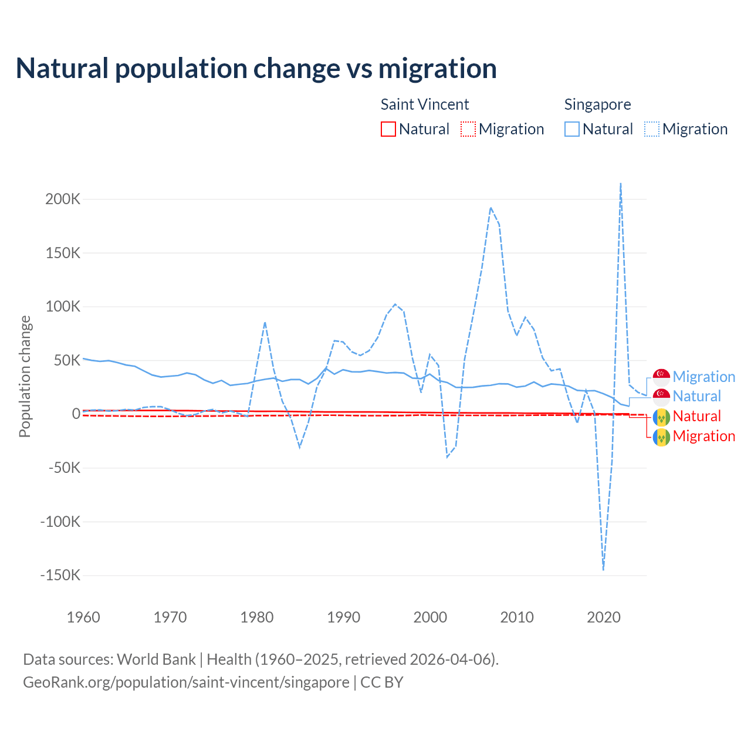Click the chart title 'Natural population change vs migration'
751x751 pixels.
click(256, 68)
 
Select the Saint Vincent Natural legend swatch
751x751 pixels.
click(388, 129)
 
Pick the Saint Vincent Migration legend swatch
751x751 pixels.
click(468, 129)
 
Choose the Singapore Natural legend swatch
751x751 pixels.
click(572, 129)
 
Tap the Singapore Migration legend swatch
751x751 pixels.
click(652, 129)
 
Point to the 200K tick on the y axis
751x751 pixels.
click(63, 199)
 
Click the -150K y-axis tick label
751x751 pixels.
click(60, 575)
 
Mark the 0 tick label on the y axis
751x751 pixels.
click(76, 414)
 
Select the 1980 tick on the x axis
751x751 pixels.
click(257, 617)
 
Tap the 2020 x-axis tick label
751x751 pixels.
click(604, 617)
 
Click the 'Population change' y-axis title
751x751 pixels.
click(25, 376)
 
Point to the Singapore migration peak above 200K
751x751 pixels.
click(621, 184)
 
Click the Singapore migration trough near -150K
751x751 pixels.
click(603, 569)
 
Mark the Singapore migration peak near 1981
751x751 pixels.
click(265, 322)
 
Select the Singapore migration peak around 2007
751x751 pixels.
click(490, 208)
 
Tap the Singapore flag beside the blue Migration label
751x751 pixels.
click(662, 377)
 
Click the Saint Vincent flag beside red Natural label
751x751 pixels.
click(662, 417)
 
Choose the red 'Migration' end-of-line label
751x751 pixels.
click(703, 436)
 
